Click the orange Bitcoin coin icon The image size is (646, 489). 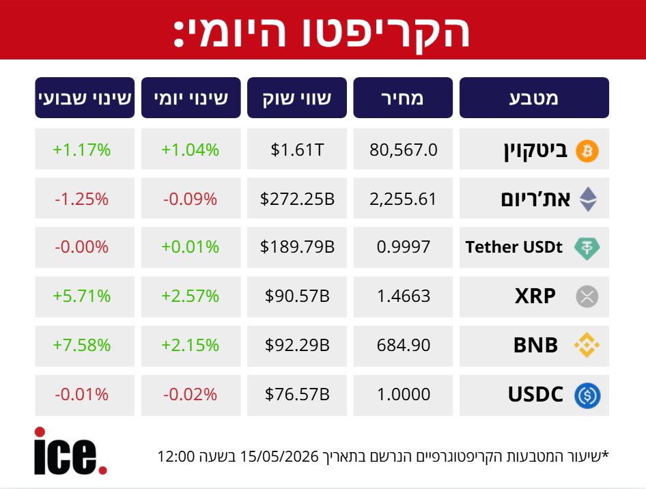(x=587, y=151)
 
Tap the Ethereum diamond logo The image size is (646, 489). (x=588, y=199)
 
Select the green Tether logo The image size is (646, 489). (x=587, y=249)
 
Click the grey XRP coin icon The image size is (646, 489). (x=587, y=296)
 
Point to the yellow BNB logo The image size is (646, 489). (x=587, y=345)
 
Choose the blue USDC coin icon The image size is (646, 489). (x=587, y=395)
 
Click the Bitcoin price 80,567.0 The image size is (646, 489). (x=404, y=150)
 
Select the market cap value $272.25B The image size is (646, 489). (x=297, y=199)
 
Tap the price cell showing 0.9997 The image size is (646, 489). (x=404, y=247)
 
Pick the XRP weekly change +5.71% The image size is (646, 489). (x=81, y=296)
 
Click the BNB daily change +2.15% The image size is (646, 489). (x=190, y=345)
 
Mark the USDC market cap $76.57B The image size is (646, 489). (x=297, y=394)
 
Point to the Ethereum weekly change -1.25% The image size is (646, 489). (x=81, y=199)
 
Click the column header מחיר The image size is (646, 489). (x=403, y=98)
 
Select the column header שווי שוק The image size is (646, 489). (x=297, y=98)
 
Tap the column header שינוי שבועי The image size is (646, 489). (x=85, y=98)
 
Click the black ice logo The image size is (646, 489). (x=70, y=451)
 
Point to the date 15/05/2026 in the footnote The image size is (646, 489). (x=279, y=456)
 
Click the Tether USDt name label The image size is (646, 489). (x=514, y=247)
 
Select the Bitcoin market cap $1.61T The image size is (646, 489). (x=297, y=150)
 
